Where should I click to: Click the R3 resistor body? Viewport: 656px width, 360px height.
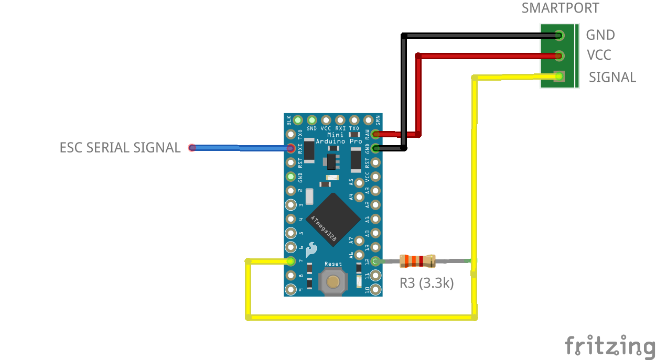pos(417,260)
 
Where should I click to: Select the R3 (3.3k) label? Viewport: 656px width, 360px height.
pos(426,283)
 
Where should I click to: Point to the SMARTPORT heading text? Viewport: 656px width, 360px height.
pos(560,8)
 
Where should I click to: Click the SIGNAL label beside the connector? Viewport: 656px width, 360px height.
pos(612,77)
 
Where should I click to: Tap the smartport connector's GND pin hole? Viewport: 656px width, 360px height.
pos(560,36)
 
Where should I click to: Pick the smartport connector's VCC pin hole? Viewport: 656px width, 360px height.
pos(560,56)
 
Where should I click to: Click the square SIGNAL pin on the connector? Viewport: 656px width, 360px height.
pos(559,77)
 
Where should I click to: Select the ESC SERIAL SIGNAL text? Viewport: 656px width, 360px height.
pos(120,148)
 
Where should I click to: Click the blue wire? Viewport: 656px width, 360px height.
pos(241,148)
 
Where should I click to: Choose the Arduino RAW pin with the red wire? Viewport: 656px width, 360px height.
pos(375,134)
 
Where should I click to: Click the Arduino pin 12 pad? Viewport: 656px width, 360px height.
pos(375,260)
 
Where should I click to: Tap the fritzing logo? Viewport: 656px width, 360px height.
pos(610,346)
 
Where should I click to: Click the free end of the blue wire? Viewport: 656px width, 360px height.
pos(192,148)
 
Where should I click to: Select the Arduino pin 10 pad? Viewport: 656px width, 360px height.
pos(375,289)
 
